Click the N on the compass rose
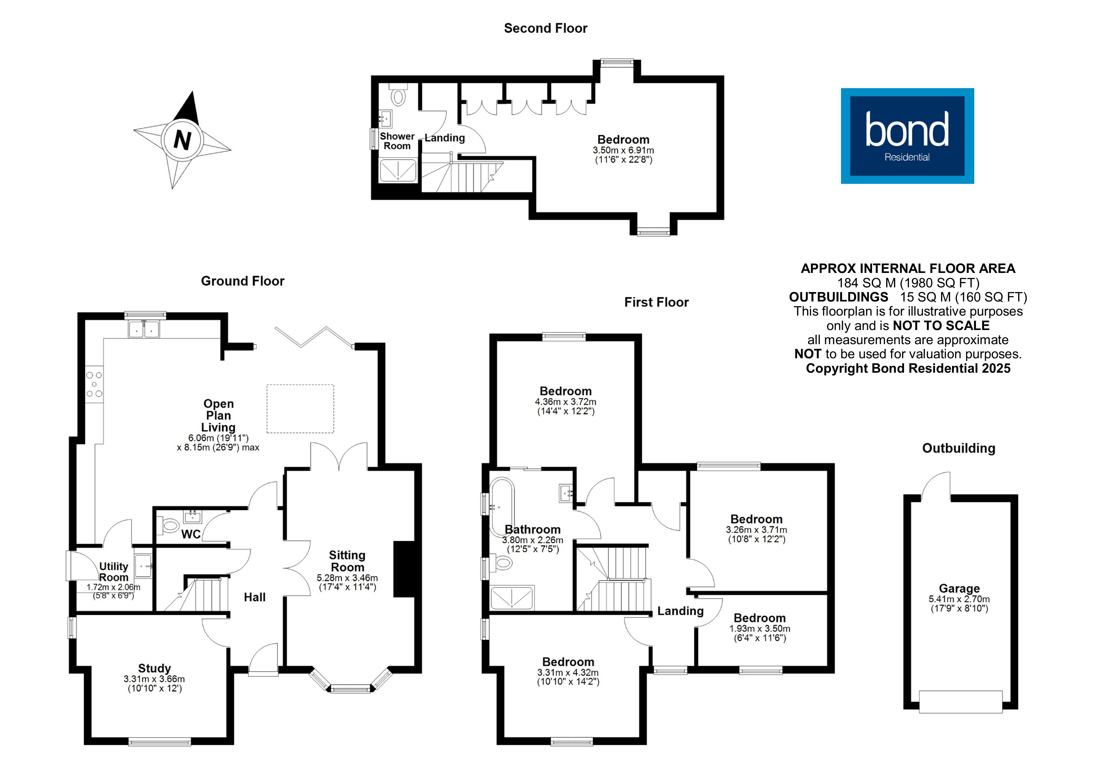tap(182, 140)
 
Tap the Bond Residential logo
tap(907, 136)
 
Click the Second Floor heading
tap(545, 28)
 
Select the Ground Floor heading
tap(242, 281)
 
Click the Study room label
tap(154, 668)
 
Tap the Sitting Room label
tap(347, 561)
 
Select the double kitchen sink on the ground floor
tap(144, 329)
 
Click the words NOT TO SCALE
tap(941, 326)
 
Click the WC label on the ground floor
tap(191, 534)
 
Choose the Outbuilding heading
tap(958, 448)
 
